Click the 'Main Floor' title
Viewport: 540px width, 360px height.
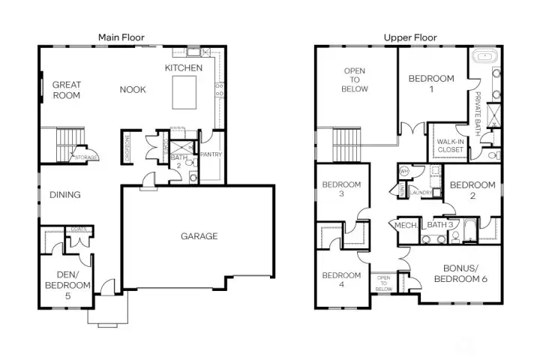point(121,37)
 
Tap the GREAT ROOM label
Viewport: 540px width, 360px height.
point(67,90)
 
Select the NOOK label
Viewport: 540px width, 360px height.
point(133,90)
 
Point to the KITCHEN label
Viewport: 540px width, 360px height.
point(184,68)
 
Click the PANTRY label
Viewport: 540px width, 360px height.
point(209,154)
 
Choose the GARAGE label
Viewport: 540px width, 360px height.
point(199,236)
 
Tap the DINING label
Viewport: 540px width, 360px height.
point(65,195)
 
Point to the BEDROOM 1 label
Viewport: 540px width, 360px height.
point(431,84)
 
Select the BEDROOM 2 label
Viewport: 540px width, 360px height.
point(472,190)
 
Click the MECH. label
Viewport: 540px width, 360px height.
point(406,225)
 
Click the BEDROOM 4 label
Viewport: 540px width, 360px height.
point(342,280)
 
